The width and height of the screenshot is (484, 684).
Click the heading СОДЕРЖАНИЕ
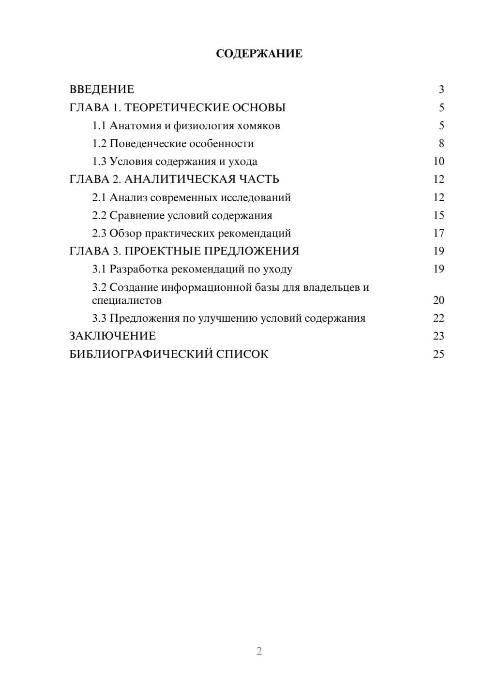coord(259,54)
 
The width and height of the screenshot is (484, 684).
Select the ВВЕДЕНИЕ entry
coord(102,89)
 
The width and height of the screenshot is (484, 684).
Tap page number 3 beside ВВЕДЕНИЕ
coord(441,89)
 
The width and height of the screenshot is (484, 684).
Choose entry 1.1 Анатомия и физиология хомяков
coord(186,126)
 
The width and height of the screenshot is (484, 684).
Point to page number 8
coord(441,144)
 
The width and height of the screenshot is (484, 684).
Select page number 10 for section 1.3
coord(439,162)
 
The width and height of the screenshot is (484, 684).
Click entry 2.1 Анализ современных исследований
coord(191,197)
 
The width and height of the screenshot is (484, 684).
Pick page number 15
coord(439,215)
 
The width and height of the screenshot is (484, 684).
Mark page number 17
coord(439,233)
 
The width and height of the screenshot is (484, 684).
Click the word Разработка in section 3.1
coord(139,269)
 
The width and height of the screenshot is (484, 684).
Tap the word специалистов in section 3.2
coord(127,300)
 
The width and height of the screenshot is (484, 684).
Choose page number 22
coord(439,318)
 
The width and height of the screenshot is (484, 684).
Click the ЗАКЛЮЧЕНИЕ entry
coord(112,336)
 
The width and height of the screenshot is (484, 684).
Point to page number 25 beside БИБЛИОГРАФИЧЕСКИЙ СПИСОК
coord(439,354)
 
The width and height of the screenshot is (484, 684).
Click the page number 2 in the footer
coord(259,651)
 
